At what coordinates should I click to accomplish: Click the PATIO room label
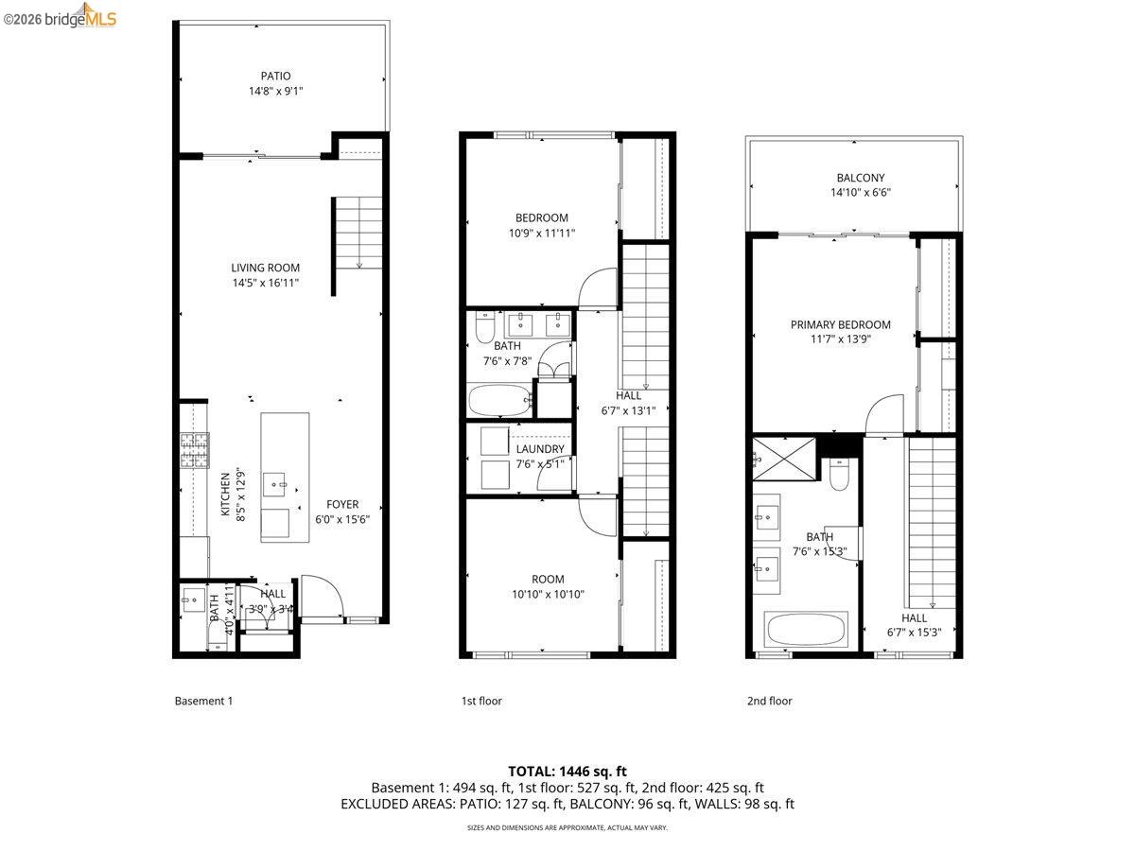pyautogui.click(x=275, y=76)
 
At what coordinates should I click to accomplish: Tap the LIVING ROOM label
pyautogui.click(x=265, y=268)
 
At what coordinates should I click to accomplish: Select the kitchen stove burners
pyautogui.click(x=194, y=450)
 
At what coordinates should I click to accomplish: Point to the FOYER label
pyautogui.click(x=342, y=504)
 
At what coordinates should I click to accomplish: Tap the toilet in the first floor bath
pyautogui.click(x=485, y=328)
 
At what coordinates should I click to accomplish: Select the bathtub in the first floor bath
pyautogui.click(x=499, y=399)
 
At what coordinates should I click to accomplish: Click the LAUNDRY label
pyautogui.click(x=540, y=449)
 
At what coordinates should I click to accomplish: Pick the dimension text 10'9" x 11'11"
pyautogui.click(x=541, y=233)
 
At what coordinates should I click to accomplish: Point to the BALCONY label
pyautogui.click(x=860, y=178)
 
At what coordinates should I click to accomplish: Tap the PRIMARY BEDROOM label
pyautogui.click(x=840, y=324)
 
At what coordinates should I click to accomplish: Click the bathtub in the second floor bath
pyautogui.click(x=806, y=629)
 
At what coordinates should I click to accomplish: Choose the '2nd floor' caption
pyautogui.click(x=769, y=701)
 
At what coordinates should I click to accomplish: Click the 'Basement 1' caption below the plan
pyautogui.click(x=203, y=701)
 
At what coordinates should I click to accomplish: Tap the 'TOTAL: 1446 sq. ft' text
pyautogui.click(x=567, y=772)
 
